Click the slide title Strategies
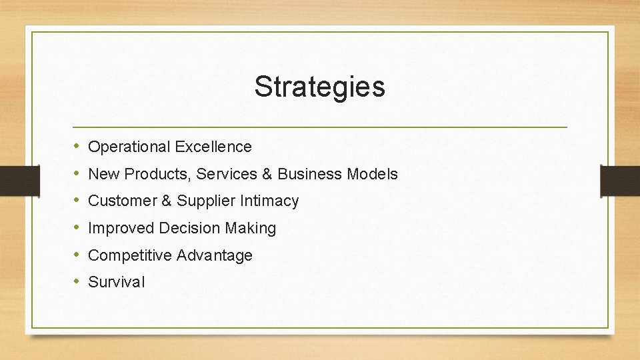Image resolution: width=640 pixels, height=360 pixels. (319, 87)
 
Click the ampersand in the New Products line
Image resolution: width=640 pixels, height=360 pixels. (267, 175)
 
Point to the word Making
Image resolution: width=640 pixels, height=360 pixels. (250, 229)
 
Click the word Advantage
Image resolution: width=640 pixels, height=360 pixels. (215, 255)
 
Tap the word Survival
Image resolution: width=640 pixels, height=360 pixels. (116, 282)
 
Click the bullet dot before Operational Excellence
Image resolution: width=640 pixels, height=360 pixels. (77, 146)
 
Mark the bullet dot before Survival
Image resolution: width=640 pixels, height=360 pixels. (77, 281)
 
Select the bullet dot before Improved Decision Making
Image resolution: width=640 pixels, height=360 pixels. (77, 227)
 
